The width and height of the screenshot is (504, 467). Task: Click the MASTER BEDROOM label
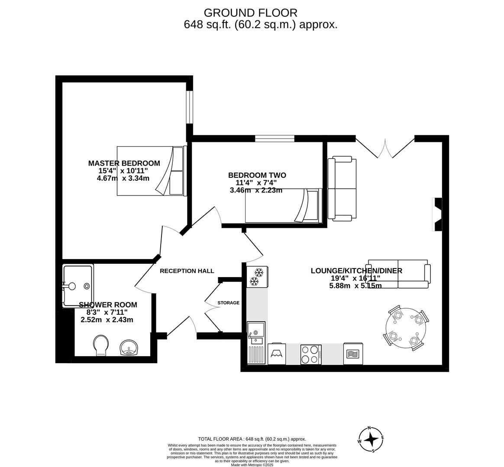pos(124,163)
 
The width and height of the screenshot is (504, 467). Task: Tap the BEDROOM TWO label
pos(257,175)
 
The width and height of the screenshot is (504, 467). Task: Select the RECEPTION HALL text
pos(187,271)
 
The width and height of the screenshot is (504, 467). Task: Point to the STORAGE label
pos(228,303)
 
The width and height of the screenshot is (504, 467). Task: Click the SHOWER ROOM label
pos(107,305)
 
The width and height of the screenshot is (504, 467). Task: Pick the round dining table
pos(406,328)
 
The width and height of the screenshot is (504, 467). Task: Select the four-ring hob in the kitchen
pos(311,354)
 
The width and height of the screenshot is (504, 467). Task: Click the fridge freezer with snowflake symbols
pos(257,277)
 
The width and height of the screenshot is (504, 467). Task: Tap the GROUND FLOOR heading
pos(250,13)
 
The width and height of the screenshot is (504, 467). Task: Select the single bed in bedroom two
pos(284,206)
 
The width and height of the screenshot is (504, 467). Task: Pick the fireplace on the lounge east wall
pos(438,214)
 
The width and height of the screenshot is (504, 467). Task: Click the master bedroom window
pos(189,107)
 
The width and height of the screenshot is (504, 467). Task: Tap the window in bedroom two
pos(274,138)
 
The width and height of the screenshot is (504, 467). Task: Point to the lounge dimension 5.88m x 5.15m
pos(355,285)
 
